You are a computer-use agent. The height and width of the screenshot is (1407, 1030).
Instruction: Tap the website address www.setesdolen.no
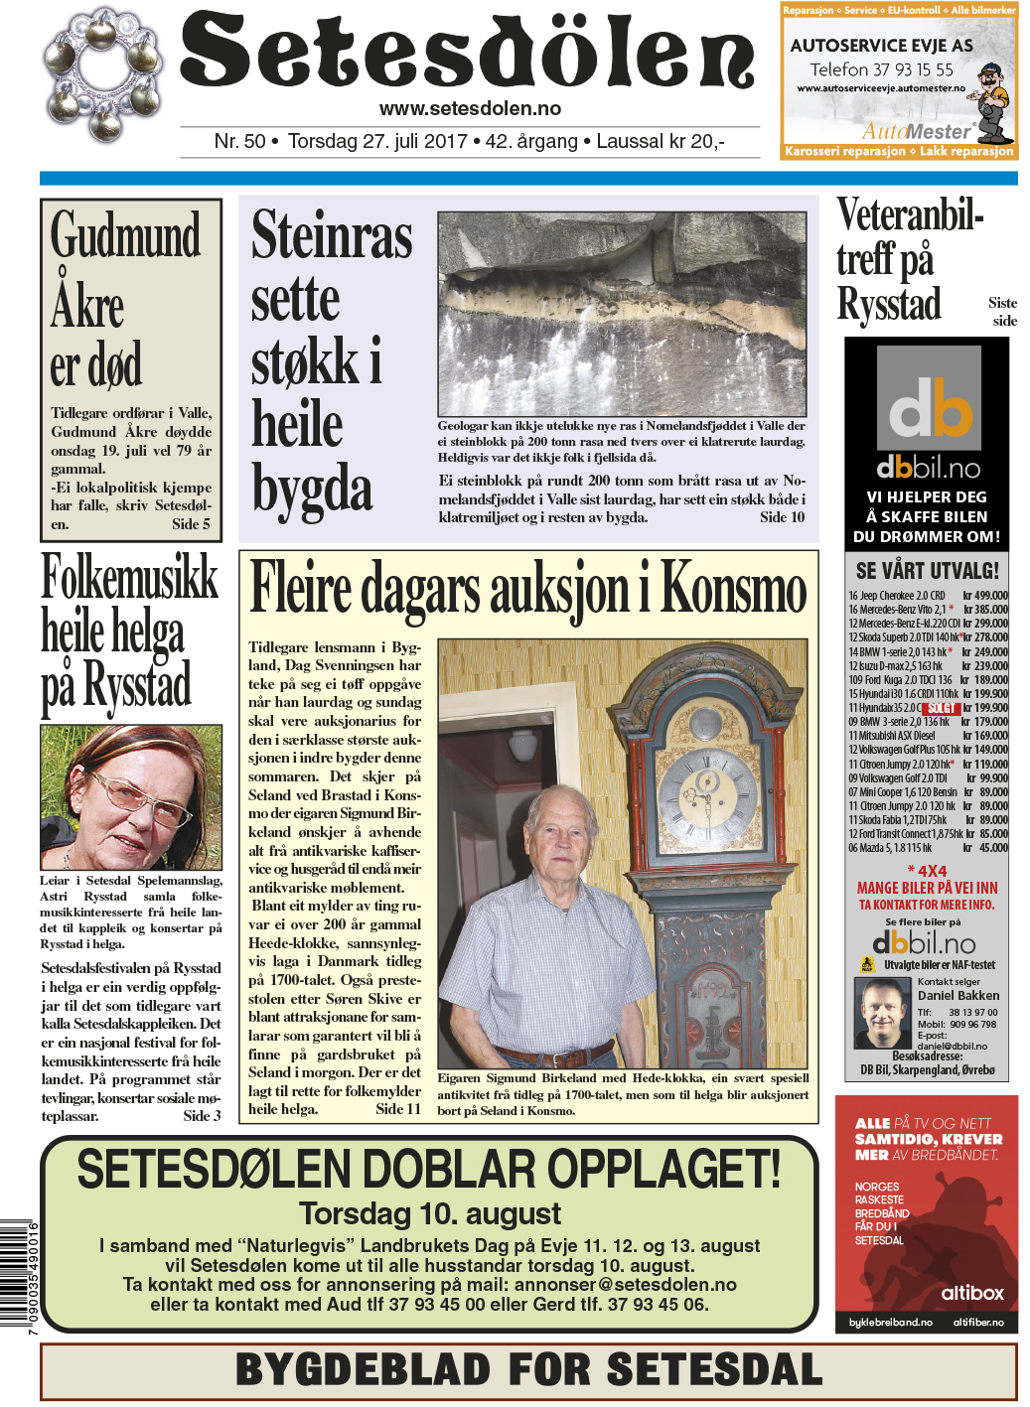470,109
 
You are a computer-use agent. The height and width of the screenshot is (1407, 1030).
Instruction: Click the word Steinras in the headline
331,236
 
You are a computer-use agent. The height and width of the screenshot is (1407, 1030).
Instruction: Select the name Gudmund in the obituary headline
126,237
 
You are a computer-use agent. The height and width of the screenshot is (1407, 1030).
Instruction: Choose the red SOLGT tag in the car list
941,708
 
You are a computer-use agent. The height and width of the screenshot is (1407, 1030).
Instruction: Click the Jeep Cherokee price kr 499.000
984,596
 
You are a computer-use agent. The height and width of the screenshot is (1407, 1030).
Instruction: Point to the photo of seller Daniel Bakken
882,1013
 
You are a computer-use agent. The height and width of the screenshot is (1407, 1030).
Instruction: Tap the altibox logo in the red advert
971,1293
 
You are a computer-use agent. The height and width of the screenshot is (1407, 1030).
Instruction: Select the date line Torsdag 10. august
430,1213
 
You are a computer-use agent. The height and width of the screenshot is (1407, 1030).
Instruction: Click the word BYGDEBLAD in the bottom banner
363,1370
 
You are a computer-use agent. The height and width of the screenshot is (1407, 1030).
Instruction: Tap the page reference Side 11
398,1109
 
